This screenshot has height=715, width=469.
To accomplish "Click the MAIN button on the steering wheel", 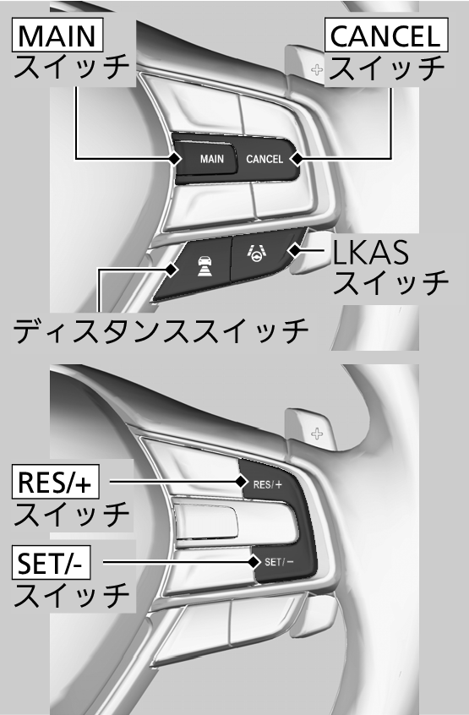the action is (x=206, y=159).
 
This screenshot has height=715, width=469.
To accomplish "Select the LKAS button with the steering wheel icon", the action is (x=262, y=255).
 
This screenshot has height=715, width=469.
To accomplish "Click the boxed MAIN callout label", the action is (x=57, y=35).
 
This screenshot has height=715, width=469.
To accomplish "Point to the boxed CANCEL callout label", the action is (x=385, y=35).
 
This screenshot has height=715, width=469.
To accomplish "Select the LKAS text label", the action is (x=370, y=253).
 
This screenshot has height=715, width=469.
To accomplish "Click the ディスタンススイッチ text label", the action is (x=161, y=330).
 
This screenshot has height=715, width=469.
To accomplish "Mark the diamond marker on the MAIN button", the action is (x=174, y=159).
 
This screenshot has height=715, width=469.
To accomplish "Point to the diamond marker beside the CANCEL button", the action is (x=297, y=159).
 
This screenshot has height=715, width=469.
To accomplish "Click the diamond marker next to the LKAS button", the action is (x=295, y=250).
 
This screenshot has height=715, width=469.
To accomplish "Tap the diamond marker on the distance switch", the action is (x=171, y=270).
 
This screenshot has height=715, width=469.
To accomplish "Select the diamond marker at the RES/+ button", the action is (x=241, y=481).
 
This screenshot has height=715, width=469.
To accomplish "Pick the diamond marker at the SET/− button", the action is (x=254, y=562).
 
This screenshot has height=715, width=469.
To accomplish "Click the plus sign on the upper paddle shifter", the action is (x=317, y=70).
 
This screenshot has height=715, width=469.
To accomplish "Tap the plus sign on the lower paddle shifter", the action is (x=317, y=434).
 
